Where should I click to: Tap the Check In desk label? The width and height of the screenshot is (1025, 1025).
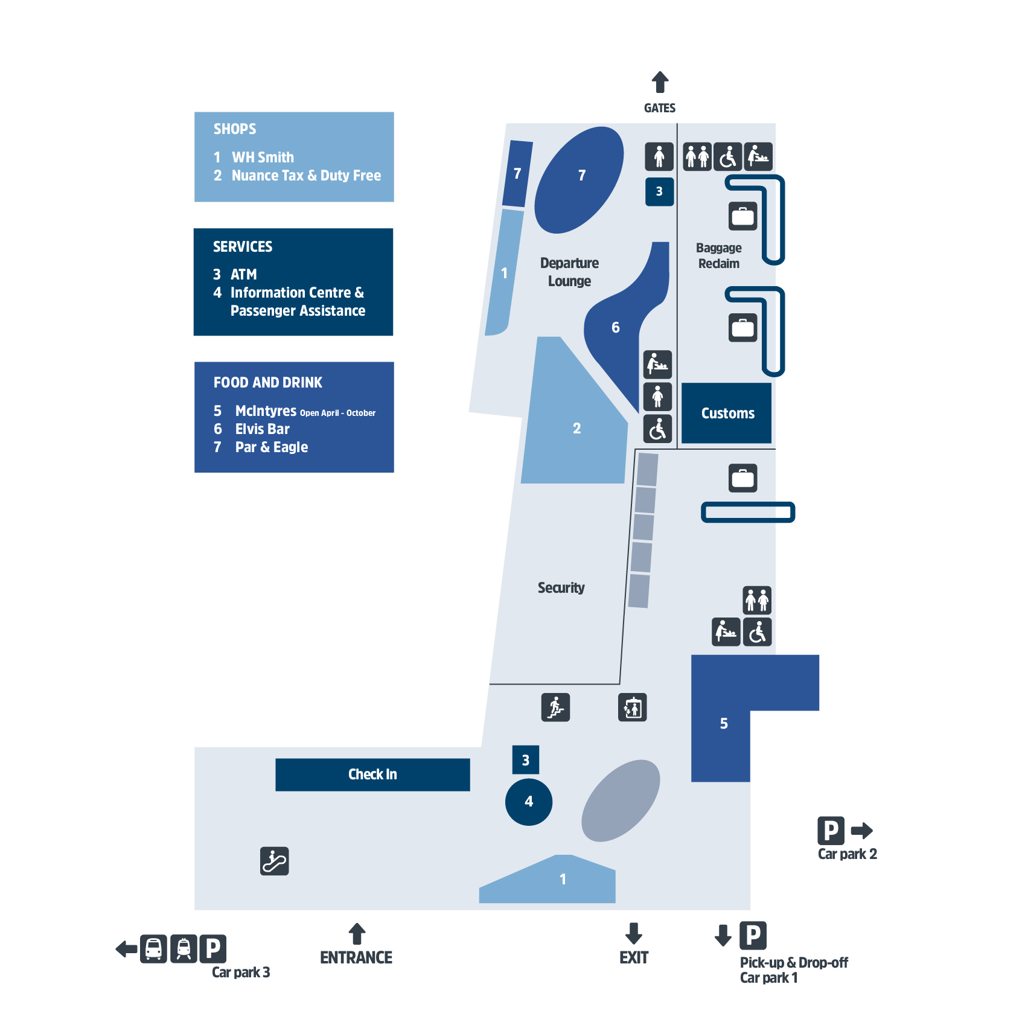pyautogui.click(x=372, y=774)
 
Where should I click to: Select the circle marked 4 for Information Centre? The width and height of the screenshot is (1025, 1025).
pyautogui.click(x=529, y=802)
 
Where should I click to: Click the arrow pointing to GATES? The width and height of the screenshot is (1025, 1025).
pyautogui.click(x=660, y=82)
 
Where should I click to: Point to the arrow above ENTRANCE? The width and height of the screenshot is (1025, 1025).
pyautogui.click(x=357, y=933)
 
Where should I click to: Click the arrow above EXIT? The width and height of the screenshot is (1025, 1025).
pyautogui.click(x=633, y=933)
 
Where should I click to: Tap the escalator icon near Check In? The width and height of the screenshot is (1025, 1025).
pyautogui.click(x=275, y=861)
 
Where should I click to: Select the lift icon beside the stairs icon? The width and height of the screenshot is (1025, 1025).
pyautogui.click(x=632, y=707)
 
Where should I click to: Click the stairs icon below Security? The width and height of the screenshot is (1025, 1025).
pyautogui.click(x=555, y=707)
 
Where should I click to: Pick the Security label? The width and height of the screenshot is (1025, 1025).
pyautogui.click(x=561, y=588)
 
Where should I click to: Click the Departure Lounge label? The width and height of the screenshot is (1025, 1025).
pyautogui.click(x=569, y=272)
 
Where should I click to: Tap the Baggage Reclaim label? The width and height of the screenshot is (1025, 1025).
pyautogui.click(x=718, y=256)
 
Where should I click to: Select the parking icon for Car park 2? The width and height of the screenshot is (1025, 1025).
pyautogui.click(x=831, y=831)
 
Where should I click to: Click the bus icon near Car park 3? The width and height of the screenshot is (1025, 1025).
pyautogui.click(x=154, y=948)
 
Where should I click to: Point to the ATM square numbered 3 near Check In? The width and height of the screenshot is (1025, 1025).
pyautogui.click(x=525, y=760)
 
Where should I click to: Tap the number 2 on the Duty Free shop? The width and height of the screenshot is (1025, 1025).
pyautogui.click(x=576, y=429)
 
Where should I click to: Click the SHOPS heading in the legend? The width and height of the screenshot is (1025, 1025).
pyautogui.click(x=235, y=129)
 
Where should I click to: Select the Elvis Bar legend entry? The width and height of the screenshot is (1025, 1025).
pyautogui.click(x=262, y=429)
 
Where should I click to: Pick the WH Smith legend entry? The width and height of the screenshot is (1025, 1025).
pyautogui.click(x=263, y=158)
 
